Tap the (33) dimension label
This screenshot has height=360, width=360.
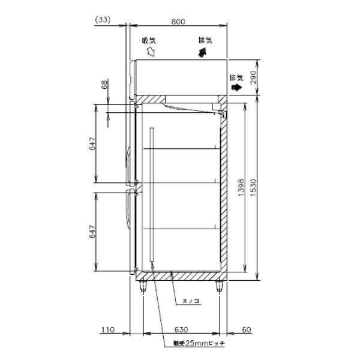[x=103, y=20]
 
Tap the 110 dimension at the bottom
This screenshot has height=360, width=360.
[x=106, y=329]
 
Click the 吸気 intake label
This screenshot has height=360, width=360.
[x=149, y=41]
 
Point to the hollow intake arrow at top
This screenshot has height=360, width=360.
[x=151, y=53]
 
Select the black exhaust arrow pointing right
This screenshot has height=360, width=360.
[x=237, y=87]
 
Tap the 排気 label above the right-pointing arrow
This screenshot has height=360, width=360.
[x=236, y=77]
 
